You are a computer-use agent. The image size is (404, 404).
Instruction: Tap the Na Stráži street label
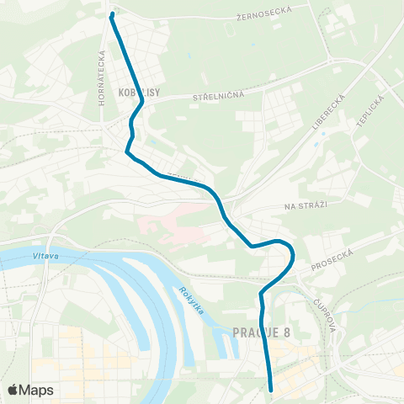click(304, 205)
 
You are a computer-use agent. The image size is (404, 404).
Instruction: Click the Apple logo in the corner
click(14, 390)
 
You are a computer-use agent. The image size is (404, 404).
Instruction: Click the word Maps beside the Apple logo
click(37, 390)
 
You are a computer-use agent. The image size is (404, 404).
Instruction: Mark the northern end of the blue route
click(112, 14)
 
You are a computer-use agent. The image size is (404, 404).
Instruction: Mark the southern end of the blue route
click(272, 390)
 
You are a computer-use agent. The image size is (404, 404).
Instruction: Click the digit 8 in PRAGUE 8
click(286, 332)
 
